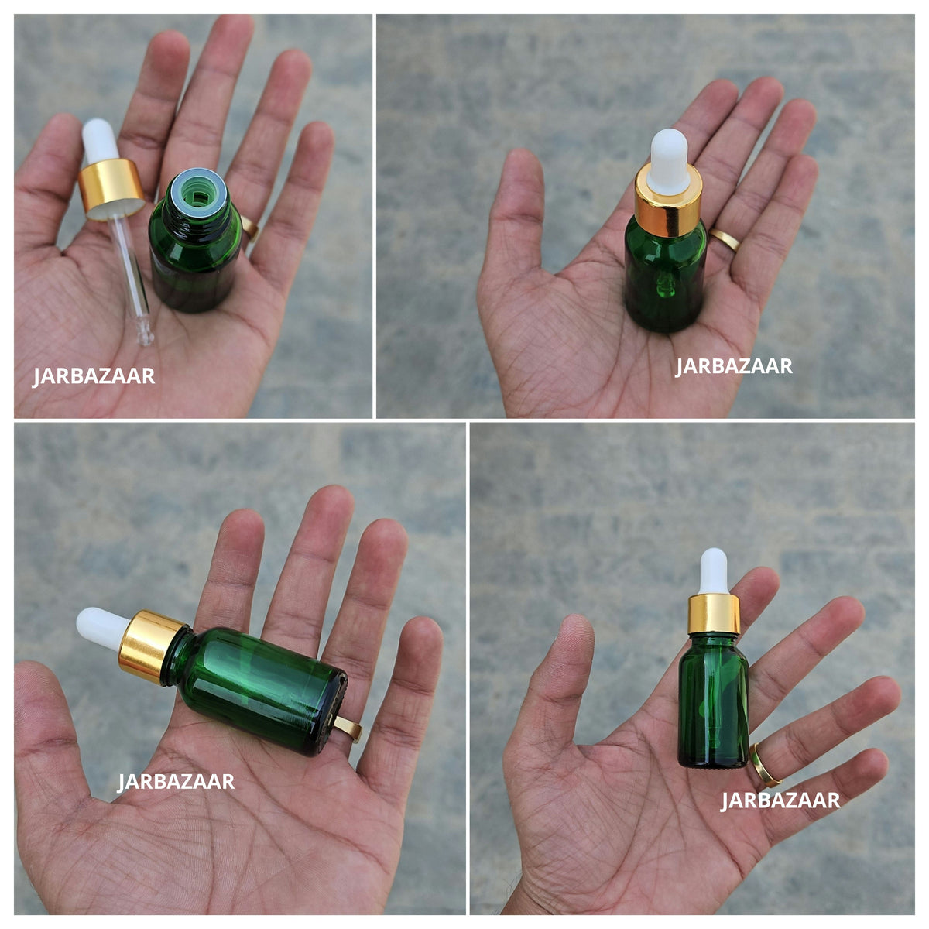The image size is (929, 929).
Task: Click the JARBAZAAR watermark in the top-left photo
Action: (x=94, y=376)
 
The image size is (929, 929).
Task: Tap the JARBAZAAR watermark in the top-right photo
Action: (x=733, y=366)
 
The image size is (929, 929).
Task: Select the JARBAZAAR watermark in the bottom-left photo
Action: (x=176, y=782)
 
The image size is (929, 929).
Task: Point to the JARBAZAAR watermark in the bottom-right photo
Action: (x=780, y=800)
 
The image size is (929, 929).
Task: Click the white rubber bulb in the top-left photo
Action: (x=101, y=141)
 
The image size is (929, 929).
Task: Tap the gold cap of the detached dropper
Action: (x=111, y=189)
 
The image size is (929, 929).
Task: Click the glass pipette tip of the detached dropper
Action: (x=145, y=333)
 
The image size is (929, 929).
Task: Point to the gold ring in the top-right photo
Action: (x=725, y=239)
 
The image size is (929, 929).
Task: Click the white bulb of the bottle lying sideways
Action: (x=103, y=629)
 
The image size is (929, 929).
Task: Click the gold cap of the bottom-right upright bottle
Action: (x=714, y=614)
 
